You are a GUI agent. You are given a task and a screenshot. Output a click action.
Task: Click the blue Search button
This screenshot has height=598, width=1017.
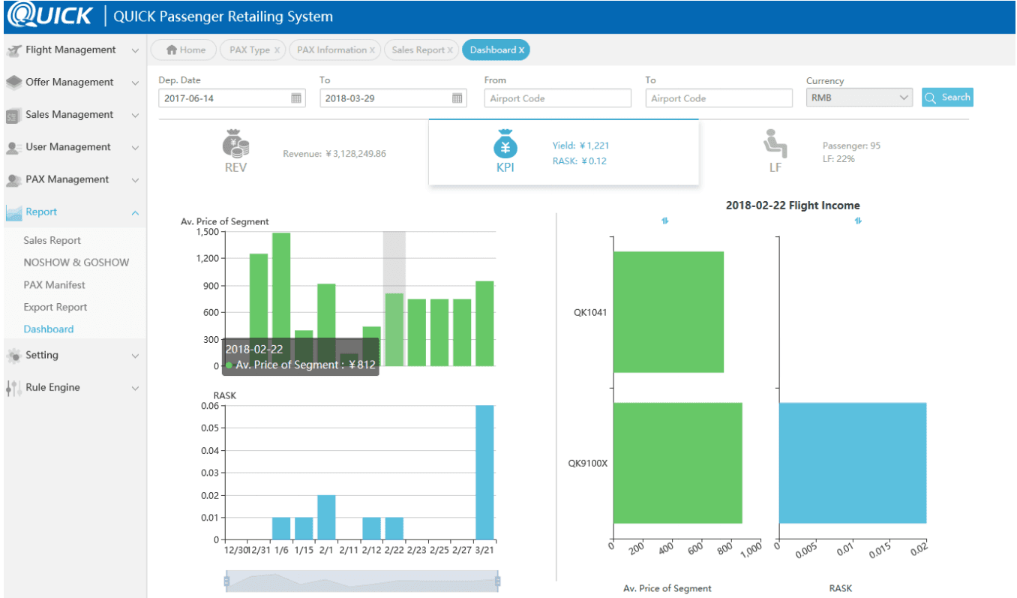click(x=947, y=98)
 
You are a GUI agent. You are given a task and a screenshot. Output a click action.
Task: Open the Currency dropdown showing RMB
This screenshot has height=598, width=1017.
click(x=859, y=98)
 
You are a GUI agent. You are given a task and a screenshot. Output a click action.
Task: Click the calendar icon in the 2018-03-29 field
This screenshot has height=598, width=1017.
click(x=457, y=98)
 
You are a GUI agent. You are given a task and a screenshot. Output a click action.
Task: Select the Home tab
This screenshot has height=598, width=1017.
click(x=185, y=50)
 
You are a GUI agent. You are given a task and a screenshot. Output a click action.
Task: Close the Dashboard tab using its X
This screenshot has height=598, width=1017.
click(x=522, y=50)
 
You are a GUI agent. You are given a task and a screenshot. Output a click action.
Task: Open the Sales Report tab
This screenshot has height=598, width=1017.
click(x=418, y=50)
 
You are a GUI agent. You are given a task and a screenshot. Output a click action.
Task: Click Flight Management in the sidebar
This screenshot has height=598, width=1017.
click(x=70, y=50)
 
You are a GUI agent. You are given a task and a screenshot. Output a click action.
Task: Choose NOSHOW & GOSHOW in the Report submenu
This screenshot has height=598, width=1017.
click(x=76, y=263)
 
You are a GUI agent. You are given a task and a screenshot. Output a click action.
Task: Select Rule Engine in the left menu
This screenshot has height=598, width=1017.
click(x=52, y=388)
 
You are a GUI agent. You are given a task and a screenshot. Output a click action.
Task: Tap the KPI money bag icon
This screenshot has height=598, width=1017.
click(x=505, y=143)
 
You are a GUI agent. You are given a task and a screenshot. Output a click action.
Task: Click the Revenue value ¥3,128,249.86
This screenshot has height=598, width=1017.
click(x=334, y=154)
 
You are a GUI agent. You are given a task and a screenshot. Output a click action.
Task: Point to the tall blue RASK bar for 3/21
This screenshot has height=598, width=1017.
click(x=484, y=472)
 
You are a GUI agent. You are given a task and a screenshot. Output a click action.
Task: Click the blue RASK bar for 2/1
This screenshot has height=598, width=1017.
click(x=326, y=517)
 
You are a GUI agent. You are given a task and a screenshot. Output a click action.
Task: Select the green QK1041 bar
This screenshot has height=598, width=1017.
click(x=667, y=312)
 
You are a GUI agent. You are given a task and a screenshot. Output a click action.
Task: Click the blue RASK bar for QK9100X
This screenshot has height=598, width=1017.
click(x=852, y=463)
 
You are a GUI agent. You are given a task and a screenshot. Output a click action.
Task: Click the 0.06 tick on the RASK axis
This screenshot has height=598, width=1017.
click(x=209, y=406)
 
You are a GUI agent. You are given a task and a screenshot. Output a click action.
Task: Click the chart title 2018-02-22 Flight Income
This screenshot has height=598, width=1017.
click(x=792, y=206)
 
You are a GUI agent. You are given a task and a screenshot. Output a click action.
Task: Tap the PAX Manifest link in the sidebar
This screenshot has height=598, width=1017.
click(x=54, y=285)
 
